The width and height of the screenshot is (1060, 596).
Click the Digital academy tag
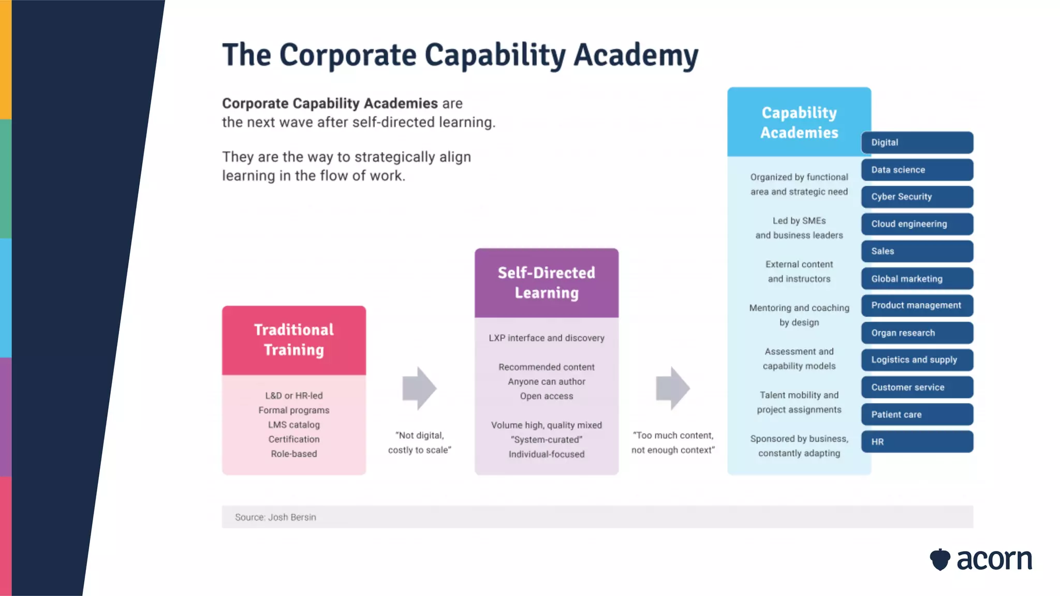[x=917, y=142]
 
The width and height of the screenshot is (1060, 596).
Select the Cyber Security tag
[x=917, y=197]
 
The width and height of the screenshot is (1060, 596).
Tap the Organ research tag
[x=917, y=333]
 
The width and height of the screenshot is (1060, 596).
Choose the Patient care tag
[x=917, y=414]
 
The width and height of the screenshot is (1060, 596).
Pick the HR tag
[x=917, y=442]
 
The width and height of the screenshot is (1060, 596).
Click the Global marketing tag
[x=917, y=278]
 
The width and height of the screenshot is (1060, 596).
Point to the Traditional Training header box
[x=294, y=340]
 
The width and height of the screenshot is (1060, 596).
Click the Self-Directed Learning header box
[x=547, y=282]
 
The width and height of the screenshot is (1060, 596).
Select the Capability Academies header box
[x=799, y=122]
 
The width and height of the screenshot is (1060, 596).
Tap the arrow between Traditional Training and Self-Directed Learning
[x=419, y=389]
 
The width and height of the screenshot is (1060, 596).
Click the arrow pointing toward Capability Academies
[x=672, y=389]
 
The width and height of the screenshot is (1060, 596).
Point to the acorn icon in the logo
[x=940, y=559]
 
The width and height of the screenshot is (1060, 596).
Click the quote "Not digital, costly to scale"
[x=419, y=442]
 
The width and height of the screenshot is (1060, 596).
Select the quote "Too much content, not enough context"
[x=673, y=442]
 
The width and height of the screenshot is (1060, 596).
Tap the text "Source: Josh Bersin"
[x=275, y=517]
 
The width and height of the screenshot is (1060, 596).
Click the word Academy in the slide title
[x=636, y=55]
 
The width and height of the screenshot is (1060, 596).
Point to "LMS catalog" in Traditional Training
[x=294, y=424]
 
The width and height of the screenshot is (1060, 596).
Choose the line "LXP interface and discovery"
[x=547, y=338]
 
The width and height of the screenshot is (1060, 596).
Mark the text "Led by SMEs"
[x=799, y=220]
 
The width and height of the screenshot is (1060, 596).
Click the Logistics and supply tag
[x=917, y=360]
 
